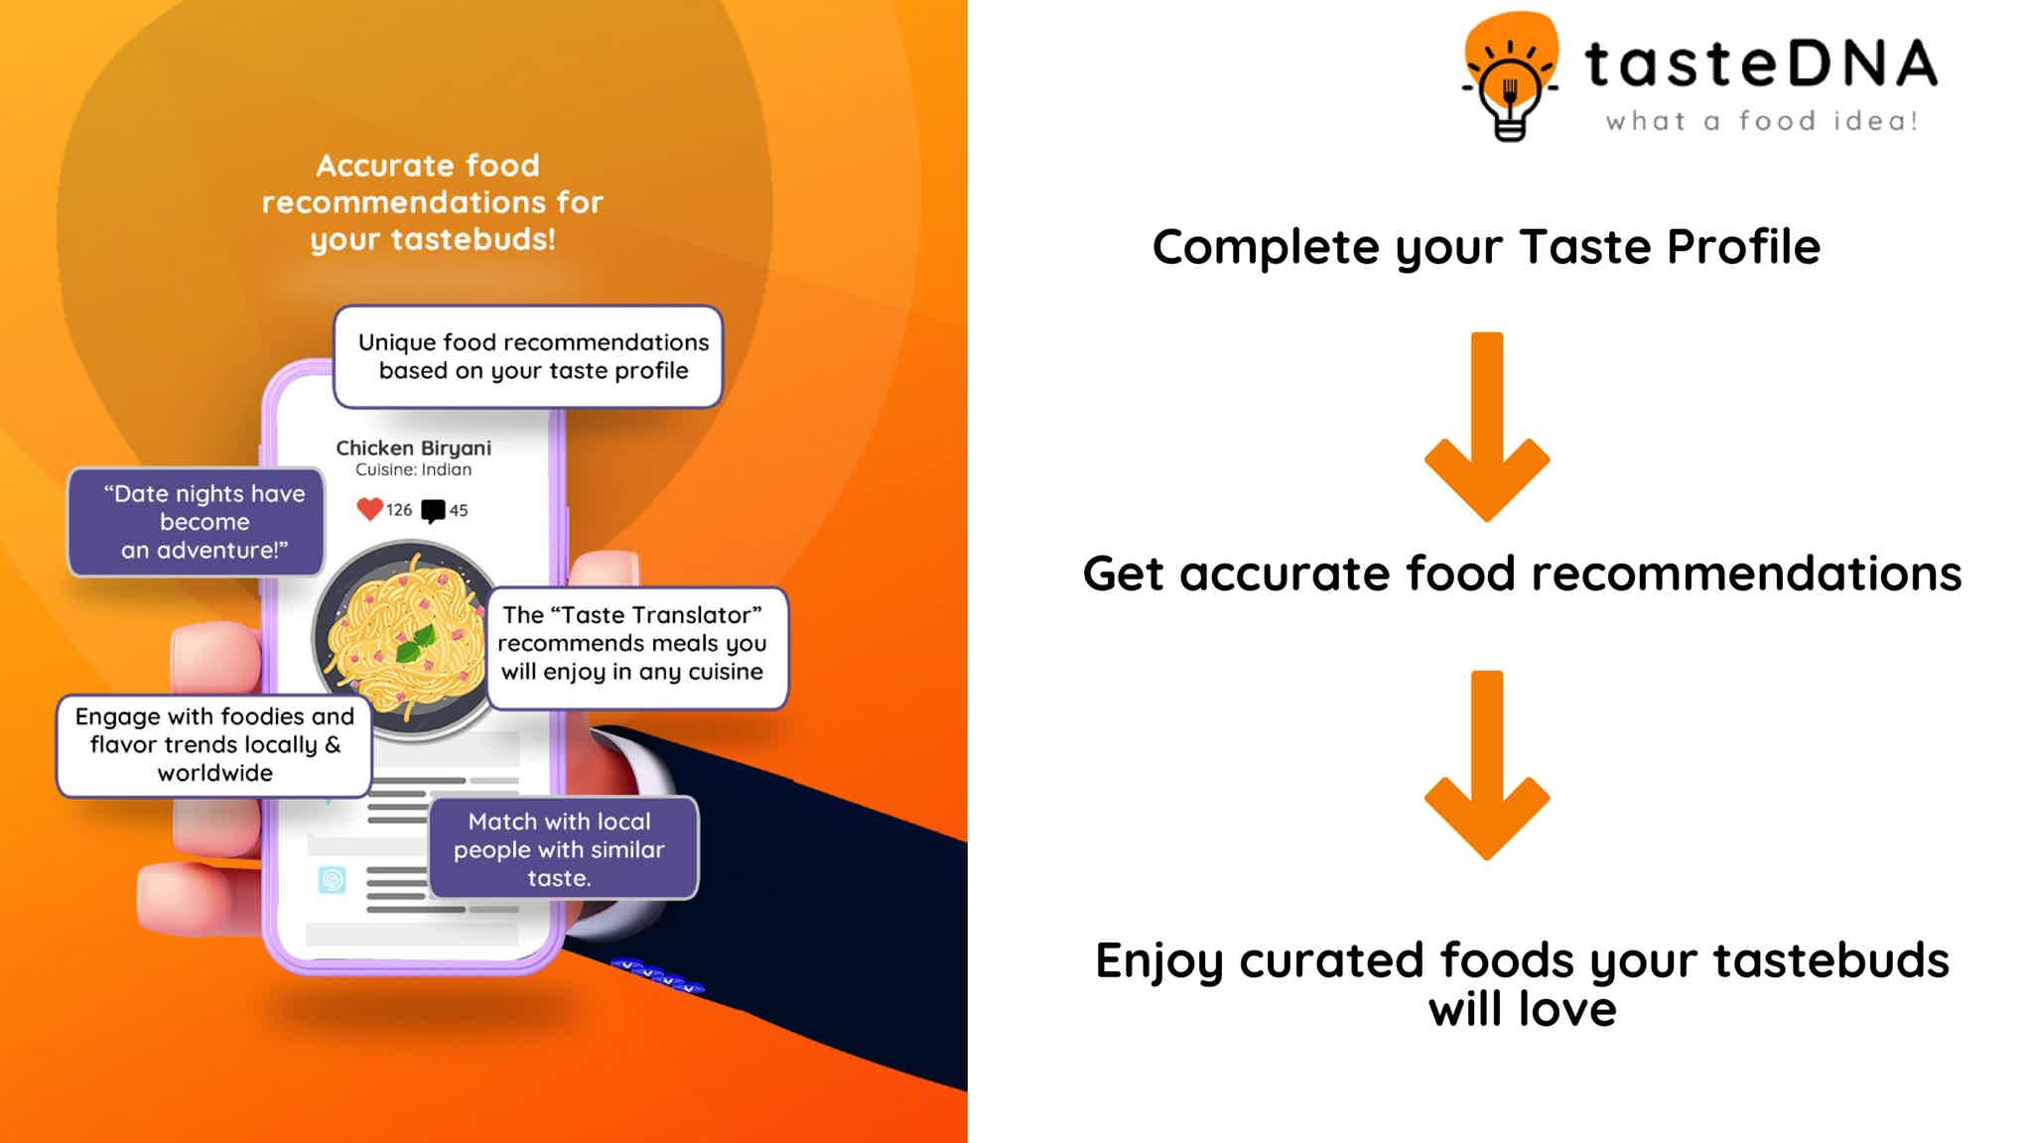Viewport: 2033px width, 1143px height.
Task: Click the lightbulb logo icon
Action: click(x=1509, y=77)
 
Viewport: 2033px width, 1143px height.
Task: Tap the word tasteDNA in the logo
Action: click(x=1761, y=63)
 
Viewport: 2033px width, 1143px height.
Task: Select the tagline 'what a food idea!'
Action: click(x=1761, y=121)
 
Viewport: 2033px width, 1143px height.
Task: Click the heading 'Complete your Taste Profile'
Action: click(x=1486, y=248)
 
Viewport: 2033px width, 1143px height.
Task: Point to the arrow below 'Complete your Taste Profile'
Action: click(x=1487, y=427)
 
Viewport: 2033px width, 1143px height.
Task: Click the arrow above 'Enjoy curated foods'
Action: click(x=1487, y=765)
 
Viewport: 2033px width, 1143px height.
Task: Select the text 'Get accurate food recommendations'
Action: click(x=1522, y=573)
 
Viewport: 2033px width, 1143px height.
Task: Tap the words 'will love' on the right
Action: click(x=1522, y=1010)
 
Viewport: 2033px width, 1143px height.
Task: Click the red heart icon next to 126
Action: click(x=369, y=509)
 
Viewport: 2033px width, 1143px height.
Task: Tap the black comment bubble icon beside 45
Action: click(x=433, y=511)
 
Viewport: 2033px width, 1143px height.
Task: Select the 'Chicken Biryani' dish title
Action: click(x=413, y=447)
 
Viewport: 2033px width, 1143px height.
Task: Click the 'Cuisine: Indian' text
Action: click(x=413, y=469)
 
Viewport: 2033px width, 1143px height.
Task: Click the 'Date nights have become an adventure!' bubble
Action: click(x=196, y=522)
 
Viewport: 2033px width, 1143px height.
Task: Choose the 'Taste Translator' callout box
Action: click(x=637, y=648)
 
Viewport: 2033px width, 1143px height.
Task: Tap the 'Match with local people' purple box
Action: click(x=564, y=848)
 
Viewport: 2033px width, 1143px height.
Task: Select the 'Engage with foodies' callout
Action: click(x=213, y=746)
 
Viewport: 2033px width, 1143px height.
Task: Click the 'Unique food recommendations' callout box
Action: click(x=528, y=356)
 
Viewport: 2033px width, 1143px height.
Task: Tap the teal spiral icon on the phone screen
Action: click(x=332, y=879)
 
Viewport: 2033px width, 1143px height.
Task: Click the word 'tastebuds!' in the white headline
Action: click(x=473, y=239)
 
